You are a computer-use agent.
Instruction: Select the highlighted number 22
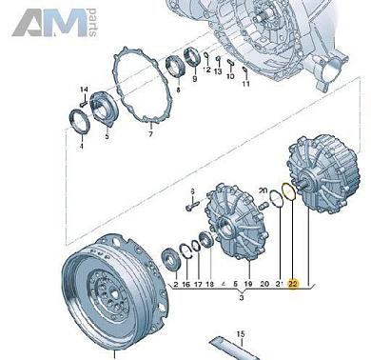coord(294,283)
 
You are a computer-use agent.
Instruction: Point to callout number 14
coord(81,89)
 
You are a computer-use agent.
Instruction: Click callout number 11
coord(244,84)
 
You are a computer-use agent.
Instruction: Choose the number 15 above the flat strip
coord(242,333)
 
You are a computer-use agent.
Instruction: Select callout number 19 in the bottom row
coord(246,283)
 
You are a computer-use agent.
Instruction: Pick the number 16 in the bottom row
coord(185,283)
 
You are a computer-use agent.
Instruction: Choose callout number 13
coord(218,71)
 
